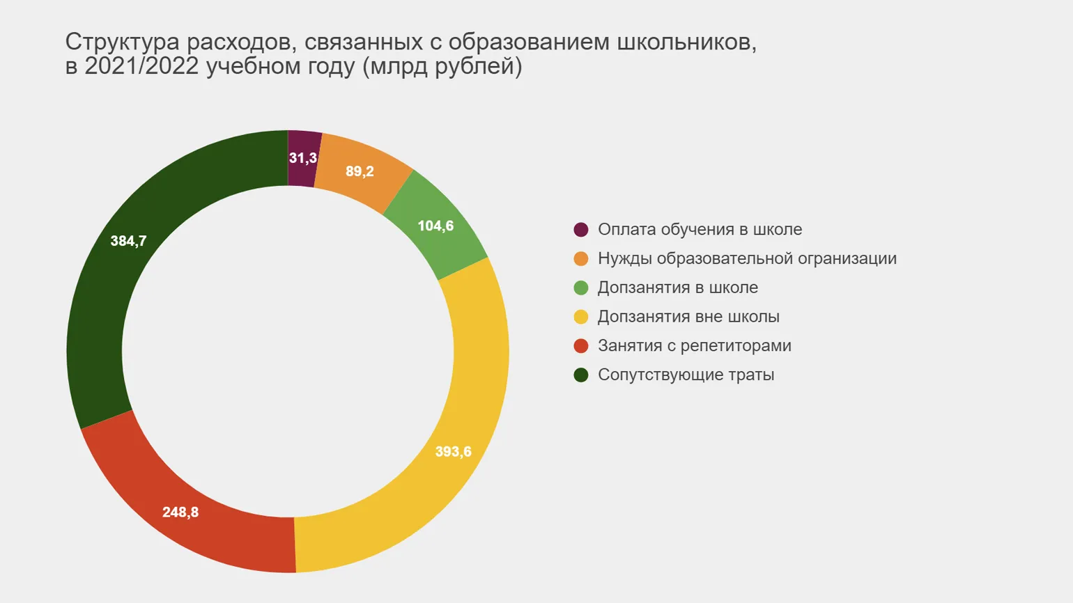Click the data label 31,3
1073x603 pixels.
tap(303, 158)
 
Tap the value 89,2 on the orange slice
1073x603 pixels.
tap(360, 171)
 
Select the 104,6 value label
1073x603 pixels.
tap(435, 226)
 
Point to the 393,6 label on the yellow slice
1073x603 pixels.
tap(453, 451)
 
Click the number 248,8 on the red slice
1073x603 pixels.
tap(180, 512)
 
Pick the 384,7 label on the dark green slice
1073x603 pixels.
tap(128, 241)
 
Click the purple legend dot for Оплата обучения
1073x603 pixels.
tap(581, 230)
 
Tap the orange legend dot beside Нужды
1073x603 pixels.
tap(581, 259)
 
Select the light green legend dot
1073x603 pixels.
tap(581, 288)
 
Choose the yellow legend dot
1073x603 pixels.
tap(581, 317)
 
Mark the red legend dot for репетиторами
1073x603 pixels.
tap(581, 346)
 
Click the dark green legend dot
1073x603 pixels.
tap(581, 375)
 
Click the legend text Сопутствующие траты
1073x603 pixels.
tap(686, 375)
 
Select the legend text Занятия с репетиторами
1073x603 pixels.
tap(694, 345)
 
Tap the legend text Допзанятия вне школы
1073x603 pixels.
tap(688, 316)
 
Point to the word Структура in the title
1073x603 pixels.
tap(122, 42)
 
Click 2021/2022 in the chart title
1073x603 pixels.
tap(141, 66)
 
